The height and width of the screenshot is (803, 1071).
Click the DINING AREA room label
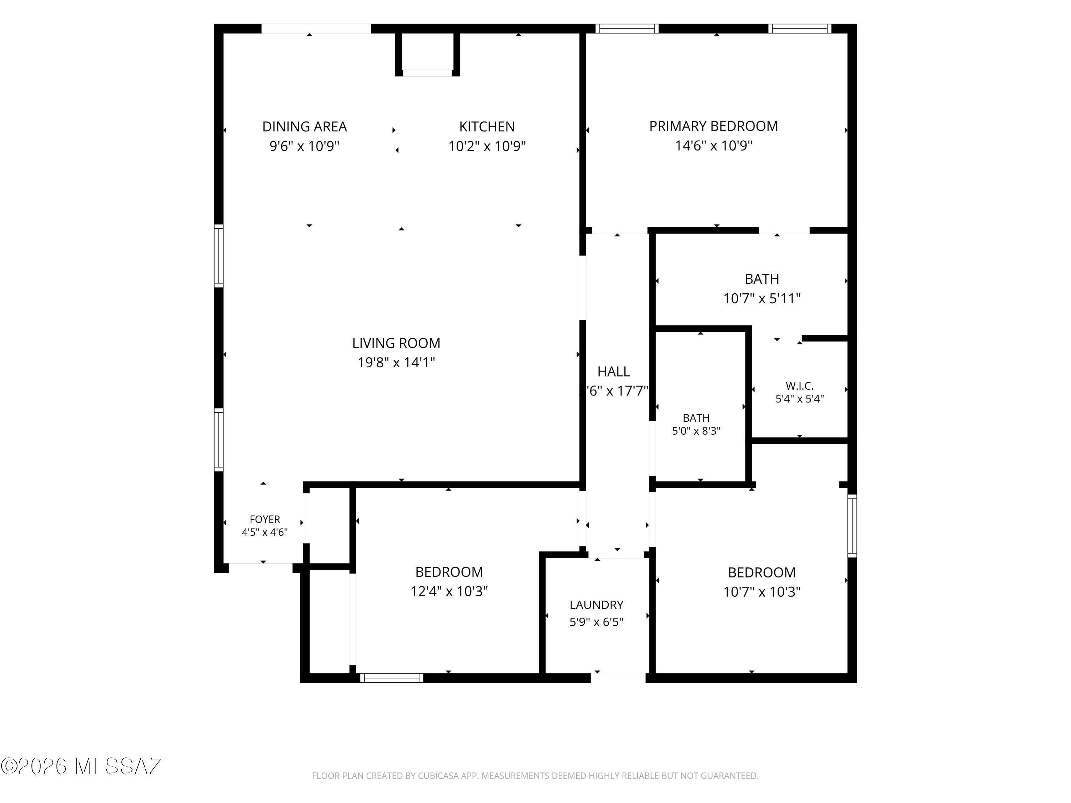(305, 127)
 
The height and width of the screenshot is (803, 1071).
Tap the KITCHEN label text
(487, 127)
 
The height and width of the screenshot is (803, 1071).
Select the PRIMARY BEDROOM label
(714, 126)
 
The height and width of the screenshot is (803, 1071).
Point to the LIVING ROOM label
(396, 343)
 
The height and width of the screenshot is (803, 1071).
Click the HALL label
(613, 372)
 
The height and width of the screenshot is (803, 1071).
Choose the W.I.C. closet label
(799, 386)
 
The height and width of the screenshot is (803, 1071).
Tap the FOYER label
(265, 519)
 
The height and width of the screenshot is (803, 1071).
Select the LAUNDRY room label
(597, 605)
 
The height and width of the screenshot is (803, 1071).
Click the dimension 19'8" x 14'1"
(396, 363)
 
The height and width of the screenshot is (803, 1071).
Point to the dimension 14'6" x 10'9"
(714, 146)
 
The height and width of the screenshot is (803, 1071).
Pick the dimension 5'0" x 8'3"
(696, 431)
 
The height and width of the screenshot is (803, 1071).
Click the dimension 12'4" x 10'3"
(449, 591)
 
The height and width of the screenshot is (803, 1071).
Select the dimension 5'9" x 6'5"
(597, 622)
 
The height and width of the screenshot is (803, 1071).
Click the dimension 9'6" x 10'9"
(305, 146)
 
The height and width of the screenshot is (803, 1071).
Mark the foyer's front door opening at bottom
(261, 568)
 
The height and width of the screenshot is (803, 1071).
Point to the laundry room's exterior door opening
(618, 678)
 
